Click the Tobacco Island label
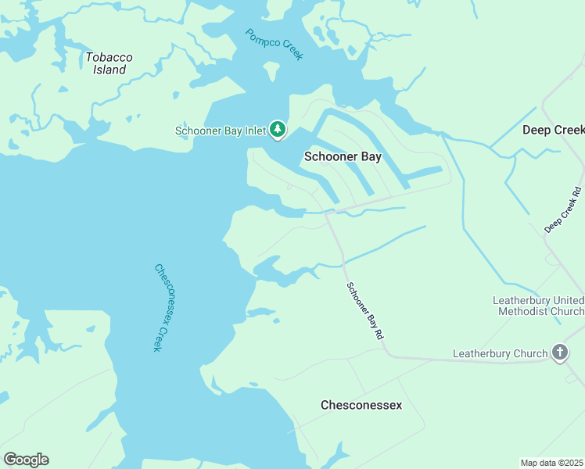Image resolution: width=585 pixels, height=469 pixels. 109,63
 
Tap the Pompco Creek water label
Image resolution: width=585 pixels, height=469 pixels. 273,45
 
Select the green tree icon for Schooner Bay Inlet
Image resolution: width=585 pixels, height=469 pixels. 278,129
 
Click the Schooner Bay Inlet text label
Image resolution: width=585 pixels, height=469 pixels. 221,131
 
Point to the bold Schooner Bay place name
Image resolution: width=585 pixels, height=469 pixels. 342,156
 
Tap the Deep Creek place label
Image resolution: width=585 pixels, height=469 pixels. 552,130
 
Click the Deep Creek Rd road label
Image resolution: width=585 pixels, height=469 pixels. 563,209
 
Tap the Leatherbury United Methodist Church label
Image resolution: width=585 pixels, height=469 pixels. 538,306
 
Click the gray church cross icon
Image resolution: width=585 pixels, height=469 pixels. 560,353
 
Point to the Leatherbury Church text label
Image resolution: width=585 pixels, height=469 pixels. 501,354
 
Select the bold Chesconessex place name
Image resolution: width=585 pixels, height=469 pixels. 361,405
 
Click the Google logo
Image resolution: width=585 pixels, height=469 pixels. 26,460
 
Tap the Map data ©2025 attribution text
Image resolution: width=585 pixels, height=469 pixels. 552,463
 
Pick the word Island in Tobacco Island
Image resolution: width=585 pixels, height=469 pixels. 109,70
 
